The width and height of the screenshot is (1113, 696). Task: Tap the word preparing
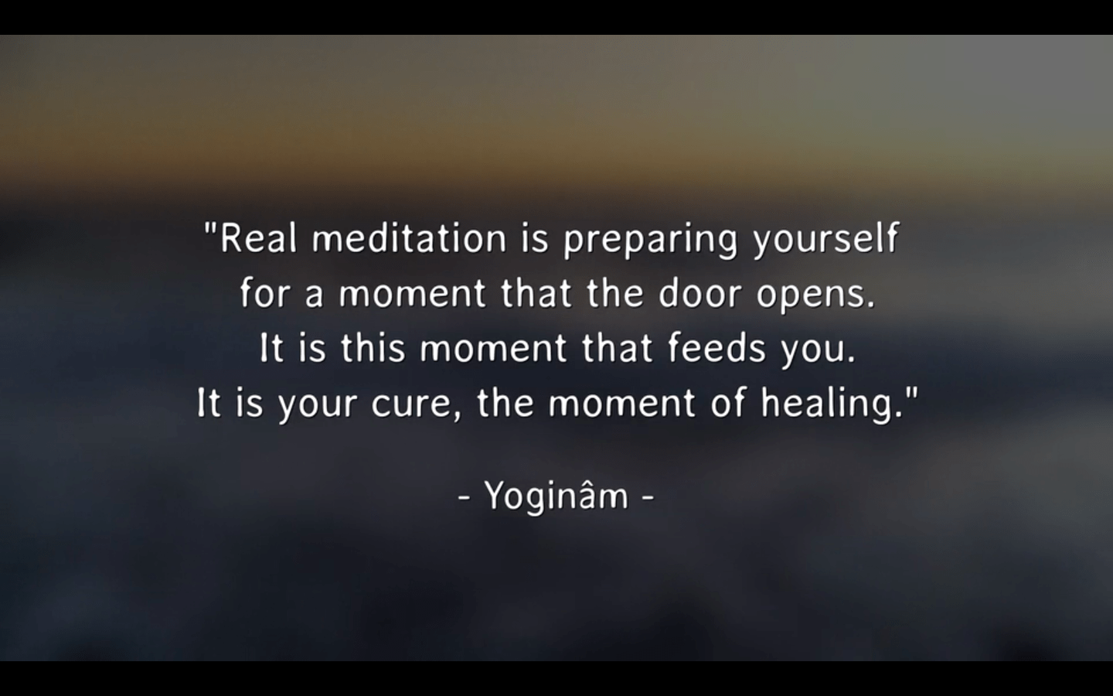point(651,241)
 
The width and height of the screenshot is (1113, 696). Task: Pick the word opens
point(815,295)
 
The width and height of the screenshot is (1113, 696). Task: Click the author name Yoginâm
point(556,496)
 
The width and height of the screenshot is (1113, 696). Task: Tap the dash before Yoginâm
point(464,496)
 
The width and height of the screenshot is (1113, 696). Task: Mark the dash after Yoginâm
point(648,496)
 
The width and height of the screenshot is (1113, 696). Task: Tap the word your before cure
point(318,406)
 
